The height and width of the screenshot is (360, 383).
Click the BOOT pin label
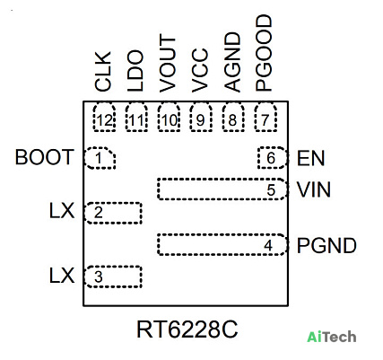pyautogui.click(x=44, y=157)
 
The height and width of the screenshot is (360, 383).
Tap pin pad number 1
pyautogui.click(x=100, y=158)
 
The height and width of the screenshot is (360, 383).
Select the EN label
pyautogui.click(x=310, y=158)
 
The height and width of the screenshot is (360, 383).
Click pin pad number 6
pyautogui.click(x=273, y=158)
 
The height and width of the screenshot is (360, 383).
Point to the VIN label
pyautogui.click(x=314, y=189)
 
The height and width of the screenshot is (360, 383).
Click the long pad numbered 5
pyautogui.click(x=222, y=189)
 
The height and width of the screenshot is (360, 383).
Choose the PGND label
pyautogui.click(x=326, y=246)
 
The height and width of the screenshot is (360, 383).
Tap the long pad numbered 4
pyautogui.click(x=222, y=244)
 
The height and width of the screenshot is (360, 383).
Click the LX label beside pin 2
pyautogui.click(x=62, y=211)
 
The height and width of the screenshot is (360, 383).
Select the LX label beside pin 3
pyautogui.click(x=62, y=276)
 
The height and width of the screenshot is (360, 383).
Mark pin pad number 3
pyautogui.click(x=113, y=277)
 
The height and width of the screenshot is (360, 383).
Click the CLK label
pyautogui.click(x=103, y=71)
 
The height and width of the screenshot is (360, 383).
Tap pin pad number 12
pyautogui.click(x=104, y=118)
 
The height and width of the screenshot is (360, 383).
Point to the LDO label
pyautogui.click(x=135, y=71)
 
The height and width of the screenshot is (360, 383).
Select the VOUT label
pyautogui.click(x=167, y=63)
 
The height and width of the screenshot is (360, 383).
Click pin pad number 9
pyautogui.click(x=201, y=118)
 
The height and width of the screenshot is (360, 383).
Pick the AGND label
pyautogui.click(x=232, y=62)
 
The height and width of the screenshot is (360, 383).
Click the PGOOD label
pyautogui.click(x=264, y=53)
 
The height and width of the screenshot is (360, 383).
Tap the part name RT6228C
pyautogui.click(x=187, y=329)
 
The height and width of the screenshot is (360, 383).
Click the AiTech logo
pyautogui.click(x=332, y=337)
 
